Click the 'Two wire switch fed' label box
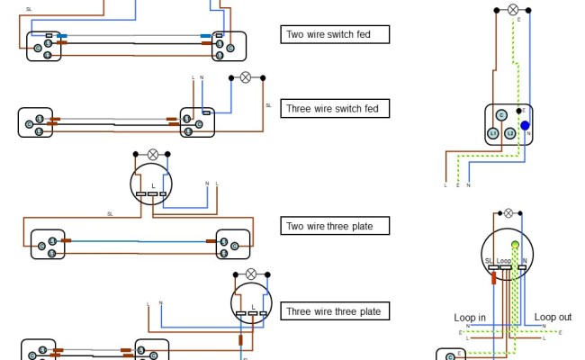coord(335,36)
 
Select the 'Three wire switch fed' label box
coord(335,109)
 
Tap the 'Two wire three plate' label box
coord(335,226)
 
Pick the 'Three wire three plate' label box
coord(335,312)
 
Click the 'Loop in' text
coord(470,318)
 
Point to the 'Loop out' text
coord(553,318)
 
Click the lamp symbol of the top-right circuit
coord(514,10)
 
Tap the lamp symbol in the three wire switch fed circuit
coord(244,77)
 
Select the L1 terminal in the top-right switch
coord(493,133)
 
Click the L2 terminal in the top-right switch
coord(510,133)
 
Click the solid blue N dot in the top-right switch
coord(526,126)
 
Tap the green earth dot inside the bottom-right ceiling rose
coord(516,245)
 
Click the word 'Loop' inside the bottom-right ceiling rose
coord(504,261)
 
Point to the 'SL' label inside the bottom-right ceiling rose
coord(490,261)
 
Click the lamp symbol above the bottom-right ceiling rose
coord(508,213)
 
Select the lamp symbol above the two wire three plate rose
coord(153,154)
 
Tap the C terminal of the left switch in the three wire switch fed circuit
coord(29,122)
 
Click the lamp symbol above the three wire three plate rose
coord(251,273)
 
